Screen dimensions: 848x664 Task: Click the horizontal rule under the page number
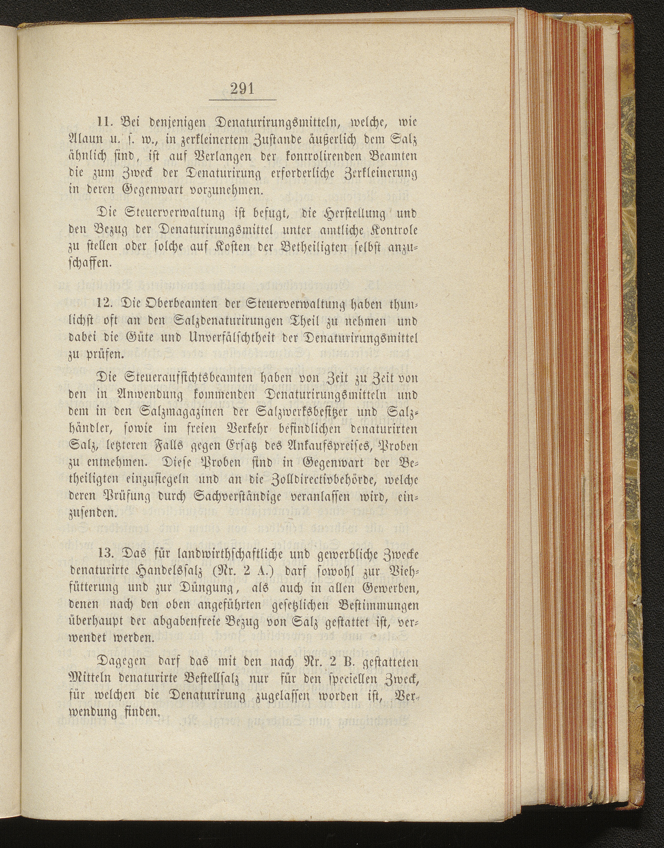click(242, 100)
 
